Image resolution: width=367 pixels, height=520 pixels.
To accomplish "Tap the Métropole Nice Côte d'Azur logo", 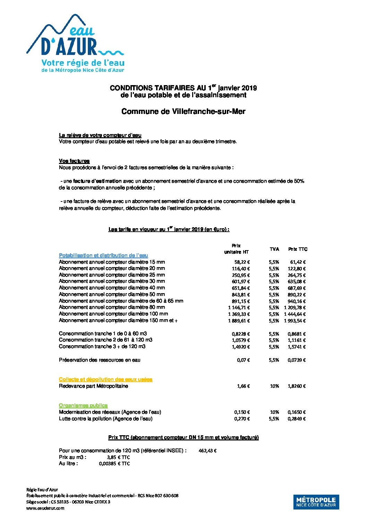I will point(316,502).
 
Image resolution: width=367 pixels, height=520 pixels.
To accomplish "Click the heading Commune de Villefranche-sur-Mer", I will point(183,112).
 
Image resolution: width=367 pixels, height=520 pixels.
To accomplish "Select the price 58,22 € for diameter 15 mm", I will point(242,262).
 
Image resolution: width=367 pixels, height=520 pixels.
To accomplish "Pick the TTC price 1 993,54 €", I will point(295,321).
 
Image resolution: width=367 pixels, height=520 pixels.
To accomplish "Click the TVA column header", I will point(274,249).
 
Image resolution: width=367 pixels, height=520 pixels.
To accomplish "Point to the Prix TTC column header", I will point(298,249).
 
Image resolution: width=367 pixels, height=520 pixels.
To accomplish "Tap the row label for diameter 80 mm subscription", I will point(112,307).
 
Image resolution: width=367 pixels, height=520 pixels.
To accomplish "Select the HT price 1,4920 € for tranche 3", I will point(240,347).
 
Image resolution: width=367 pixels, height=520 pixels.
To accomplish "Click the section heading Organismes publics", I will point(83,405).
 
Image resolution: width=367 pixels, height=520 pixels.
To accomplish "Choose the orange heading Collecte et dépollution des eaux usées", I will point(105,379).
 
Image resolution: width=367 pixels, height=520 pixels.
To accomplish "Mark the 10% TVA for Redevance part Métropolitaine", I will point(274,386).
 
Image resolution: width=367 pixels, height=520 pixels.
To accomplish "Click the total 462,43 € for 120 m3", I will point(207,451).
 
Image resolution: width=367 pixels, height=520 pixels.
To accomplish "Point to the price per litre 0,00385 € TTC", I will point(114,464).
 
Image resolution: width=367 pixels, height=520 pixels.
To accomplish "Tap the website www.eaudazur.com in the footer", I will point(45,508).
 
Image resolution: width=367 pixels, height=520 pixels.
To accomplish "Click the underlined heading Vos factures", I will point(74,161).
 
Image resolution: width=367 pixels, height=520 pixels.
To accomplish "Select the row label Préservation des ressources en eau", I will point(100,360).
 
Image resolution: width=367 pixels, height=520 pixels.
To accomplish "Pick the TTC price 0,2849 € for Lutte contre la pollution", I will point(297,419).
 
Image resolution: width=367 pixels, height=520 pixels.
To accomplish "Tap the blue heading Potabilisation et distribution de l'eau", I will point(103,255).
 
